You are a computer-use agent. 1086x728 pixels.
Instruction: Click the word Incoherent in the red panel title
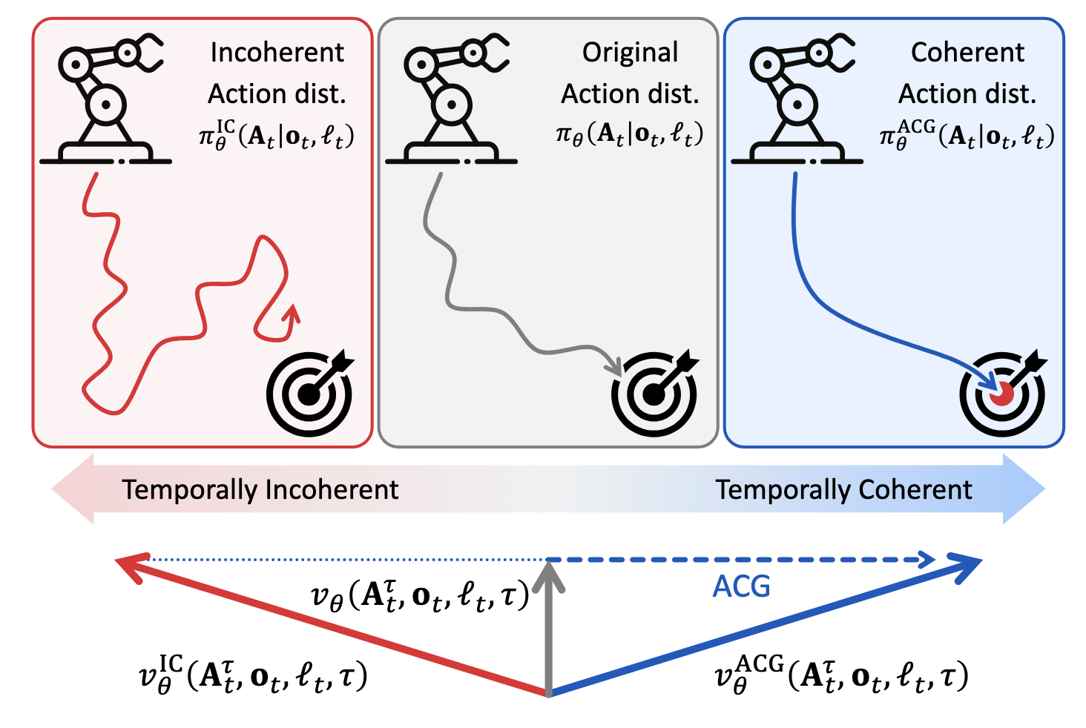pos(277,53)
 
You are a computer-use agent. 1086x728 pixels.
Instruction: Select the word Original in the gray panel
pos(630,53)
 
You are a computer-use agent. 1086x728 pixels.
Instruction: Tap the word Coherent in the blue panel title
pos(967,53)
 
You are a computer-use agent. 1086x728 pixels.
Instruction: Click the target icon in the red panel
pos(310,393)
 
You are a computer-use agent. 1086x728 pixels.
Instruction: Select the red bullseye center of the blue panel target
pos(1002,394)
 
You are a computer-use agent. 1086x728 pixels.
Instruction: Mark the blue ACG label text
pos(741,586)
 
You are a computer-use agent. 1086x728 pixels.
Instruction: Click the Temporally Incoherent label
pos(260,490)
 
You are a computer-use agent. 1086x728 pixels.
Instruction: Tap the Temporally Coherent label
pos(843,490)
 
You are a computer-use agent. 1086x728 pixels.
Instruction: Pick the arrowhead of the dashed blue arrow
pos(927,560)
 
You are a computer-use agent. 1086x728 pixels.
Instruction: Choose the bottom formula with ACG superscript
pos(841,675)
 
